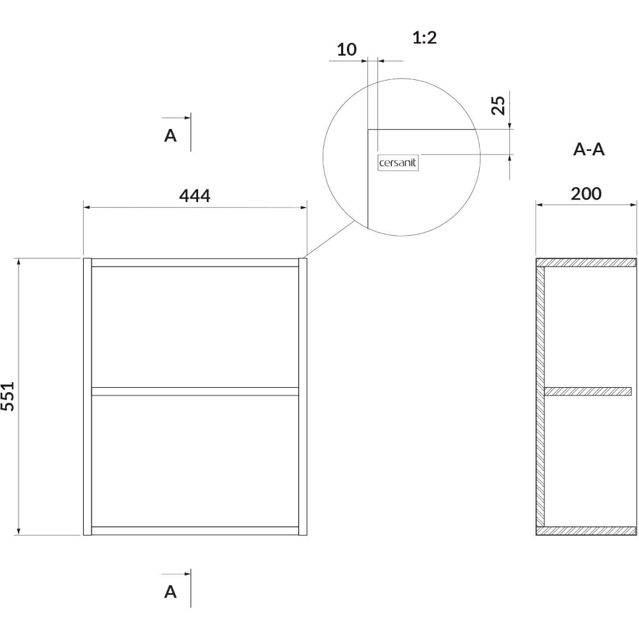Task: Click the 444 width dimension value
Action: point(195,196)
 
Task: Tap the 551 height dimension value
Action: point(8,396)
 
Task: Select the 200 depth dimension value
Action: point(585,194)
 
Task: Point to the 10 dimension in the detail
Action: point(346,50)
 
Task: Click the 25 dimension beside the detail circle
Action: point(498,105)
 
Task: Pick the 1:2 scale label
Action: point(424,38)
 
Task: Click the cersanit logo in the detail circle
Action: point(397,162)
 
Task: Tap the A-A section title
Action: point(589,150)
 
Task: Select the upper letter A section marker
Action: point(171,135)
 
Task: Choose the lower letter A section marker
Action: point(171,591)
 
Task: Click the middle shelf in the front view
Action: point(195,391)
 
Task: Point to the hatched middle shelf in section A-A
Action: point(588,391)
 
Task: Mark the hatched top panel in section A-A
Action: point(586,263)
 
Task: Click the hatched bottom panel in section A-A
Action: point(586,530)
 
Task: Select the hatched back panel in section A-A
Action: point(540,397)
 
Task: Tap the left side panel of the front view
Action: point(87,397)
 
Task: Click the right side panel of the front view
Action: point(303,397)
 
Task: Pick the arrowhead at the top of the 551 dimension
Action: point(18,261)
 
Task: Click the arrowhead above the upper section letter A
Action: point(187,118)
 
